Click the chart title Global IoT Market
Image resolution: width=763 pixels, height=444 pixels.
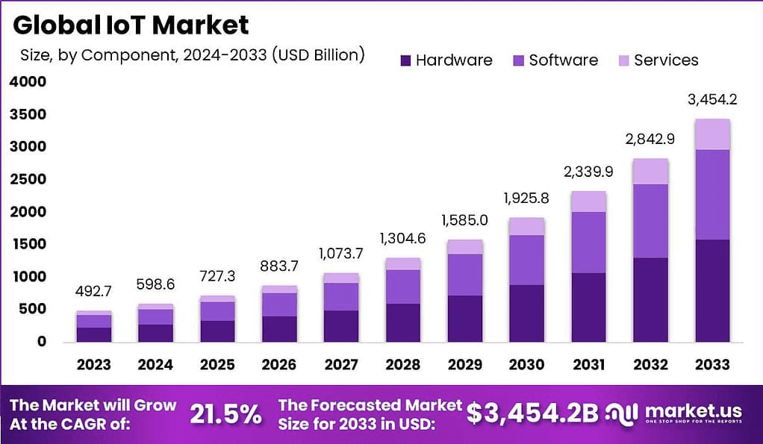pyautogui.click(x=131, y=25)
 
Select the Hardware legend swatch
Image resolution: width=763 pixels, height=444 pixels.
pyautogui.click(x=406, y=60)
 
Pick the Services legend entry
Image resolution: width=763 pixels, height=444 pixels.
pyautogui.click(x=657, y=60)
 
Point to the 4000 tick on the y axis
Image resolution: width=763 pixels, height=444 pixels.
pyautogui.click(x=28, y=82)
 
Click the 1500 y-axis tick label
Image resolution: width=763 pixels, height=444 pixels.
pyautogui.click(x=28, y=244)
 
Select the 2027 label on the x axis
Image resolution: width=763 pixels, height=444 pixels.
pyautogui.click(x=340, y=365)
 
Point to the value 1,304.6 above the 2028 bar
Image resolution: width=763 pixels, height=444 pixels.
pyautogui.click(x=402, y=240)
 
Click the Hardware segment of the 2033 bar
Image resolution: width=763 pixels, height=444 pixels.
pyautogui.click(x=711, y=290)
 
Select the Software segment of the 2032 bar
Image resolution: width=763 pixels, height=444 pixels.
pyautogui.click(x=650, y=221)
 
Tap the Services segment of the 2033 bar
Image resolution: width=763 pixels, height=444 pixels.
pyautogui.click(x=711, y=134)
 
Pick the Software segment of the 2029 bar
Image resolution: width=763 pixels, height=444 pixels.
pyautogui.click(x=464, y=275)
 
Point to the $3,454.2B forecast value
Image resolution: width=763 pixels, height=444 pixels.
pyautogui.click(x=532, y=413)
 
